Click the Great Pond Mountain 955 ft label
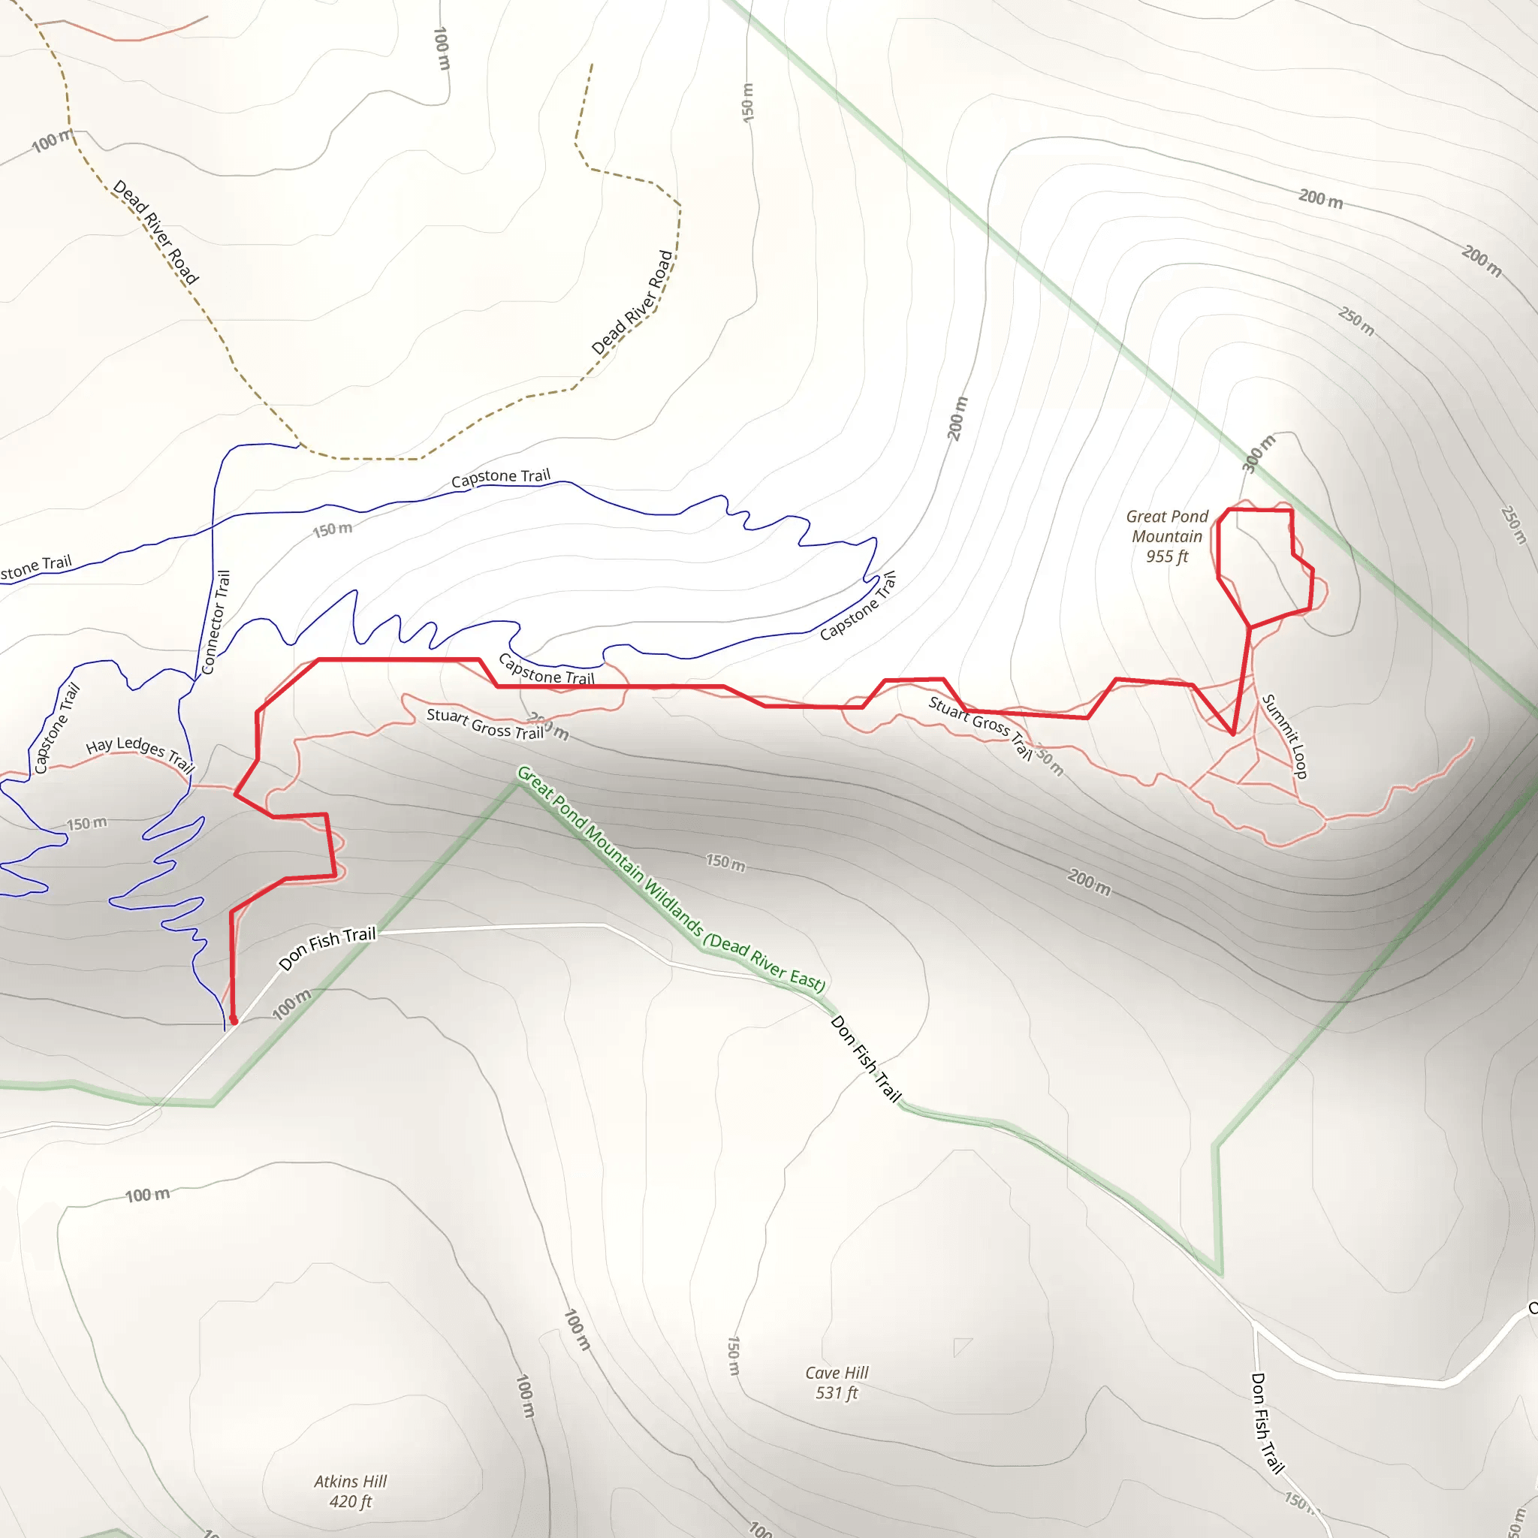tap(1167, 536)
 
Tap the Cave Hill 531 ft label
tap(837, 1382)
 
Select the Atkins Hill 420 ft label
tap(350, 1491)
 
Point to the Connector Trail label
tap(216, 623)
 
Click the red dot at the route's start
tap(234, 1020)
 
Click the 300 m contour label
tap(1259, 454)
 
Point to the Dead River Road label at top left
tap(156, 231)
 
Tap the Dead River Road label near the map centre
tap(633, 303)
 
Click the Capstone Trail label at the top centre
tap(501, 478)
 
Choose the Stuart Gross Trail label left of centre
tap(486, 724)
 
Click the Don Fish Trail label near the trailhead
tap(327, 947)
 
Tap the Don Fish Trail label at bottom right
tap(1268, 1422)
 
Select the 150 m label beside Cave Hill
tap(733, 1356)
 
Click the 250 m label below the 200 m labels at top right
tap(1356, 321)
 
